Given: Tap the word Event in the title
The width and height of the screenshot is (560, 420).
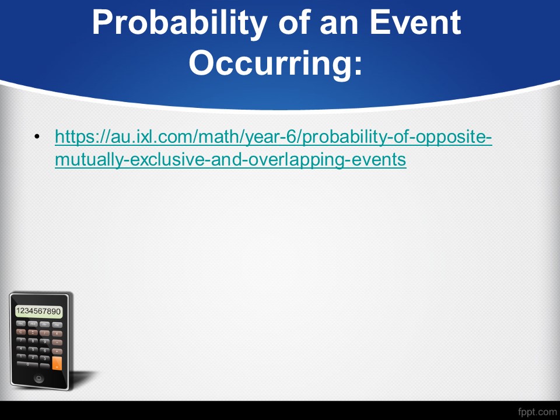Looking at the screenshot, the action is click(x=415, y=22).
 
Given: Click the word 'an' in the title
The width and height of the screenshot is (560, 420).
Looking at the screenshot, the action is click(x=339, y=25).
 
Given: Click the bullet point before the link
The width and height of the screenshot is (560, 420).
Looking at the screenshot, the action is click(x=37, y=136).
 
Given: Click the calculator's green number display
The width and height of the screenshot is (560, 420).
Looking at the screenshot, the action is click(x=38, y=311).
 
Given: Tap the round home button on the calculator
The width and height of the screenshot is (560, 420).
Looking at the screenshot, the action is click(x=38, y=378).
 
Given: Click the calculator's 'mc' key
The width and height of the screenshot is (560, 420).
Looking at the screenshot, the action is click(x=21, y=323).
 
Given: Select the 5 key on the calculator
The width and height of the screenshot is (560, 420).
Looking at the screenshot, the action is click(x=33, y=349).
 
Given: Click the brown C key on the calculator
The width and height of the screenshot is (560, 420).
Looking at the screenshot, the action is click(x=21, y=332).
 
